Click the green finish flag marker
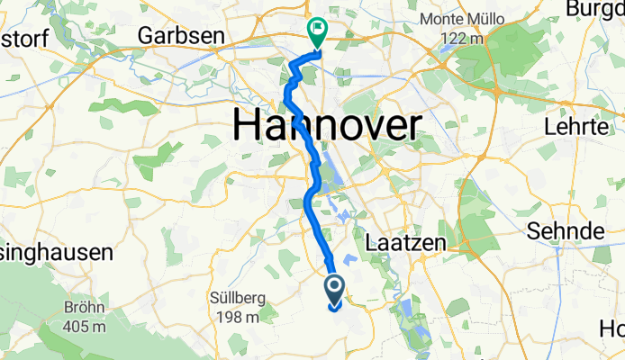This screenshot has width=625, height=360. point(318,32)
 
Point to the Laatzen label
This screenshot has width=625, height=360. point(403,240)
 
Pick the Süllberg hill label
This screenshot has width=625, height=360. point(242,297)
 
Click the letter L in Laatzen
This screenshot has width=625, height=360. point(372,240)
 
